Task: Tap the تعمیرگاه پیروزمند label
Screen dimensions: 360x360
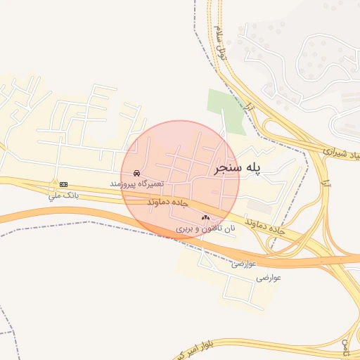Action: (136, 183)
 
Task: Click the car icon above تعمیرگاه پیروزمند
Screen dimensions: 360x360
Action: (136, 173)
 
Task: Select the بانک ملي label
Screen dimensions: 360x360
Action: (60, 194)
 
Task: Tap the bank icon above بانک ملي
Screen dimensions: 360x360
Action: (63, 184)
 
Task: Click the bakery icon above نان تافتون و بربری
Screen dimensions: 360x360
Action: (205, 218)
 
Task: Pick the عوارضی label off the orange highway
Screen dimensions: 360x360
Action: (268, 278)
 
